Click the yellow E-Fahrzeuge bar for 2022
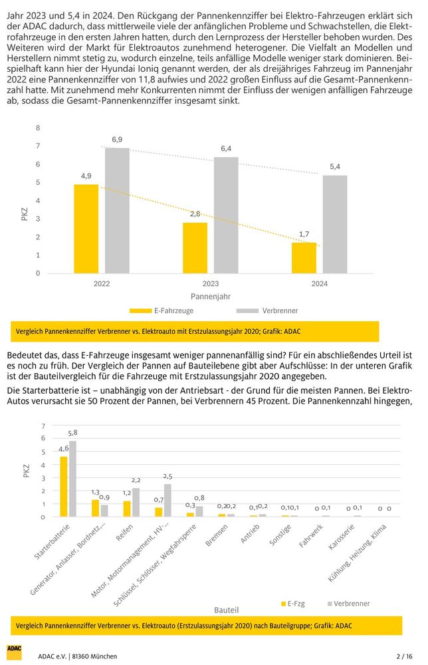86,229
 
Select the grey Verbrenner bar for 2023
225,215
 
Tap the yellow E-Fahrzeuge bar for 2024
304,258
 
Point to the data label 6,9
117,139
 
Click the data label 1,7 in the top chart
304,234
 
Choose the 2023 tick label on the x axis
211,284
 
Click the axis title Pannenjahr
210,296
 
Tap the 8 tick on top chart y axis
38,128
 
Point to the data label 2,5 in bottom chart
167,476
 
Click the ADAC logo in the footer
14,652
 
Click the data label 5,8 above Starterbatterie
72,433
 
